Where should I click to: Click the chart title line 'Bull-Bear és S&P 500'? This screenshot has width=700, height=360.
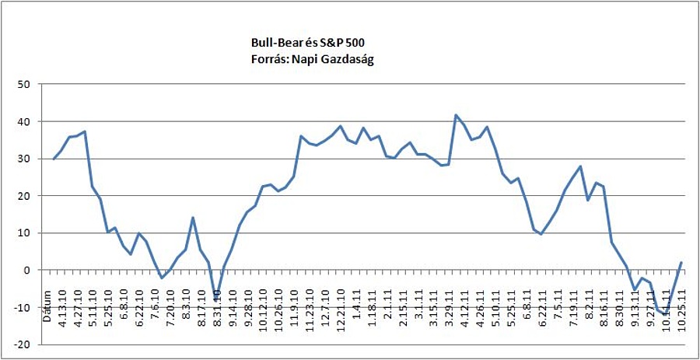click(306, 44)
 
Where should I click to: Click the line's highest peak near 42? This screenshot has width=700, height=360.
click(456, 115)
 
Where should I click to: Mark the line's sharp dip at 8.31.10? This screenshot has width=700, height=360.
click(216, 299)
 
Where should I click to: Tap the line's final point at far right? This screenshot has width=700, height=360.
click(681, 263)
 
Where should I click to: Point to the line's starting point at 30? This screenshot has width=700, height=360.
click(54, 159)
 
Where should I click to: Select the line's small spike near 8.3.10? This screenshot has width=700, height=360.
click(193, 218)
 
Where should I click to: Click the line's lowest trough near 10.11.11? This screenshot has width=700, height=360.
click(666, 314)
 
